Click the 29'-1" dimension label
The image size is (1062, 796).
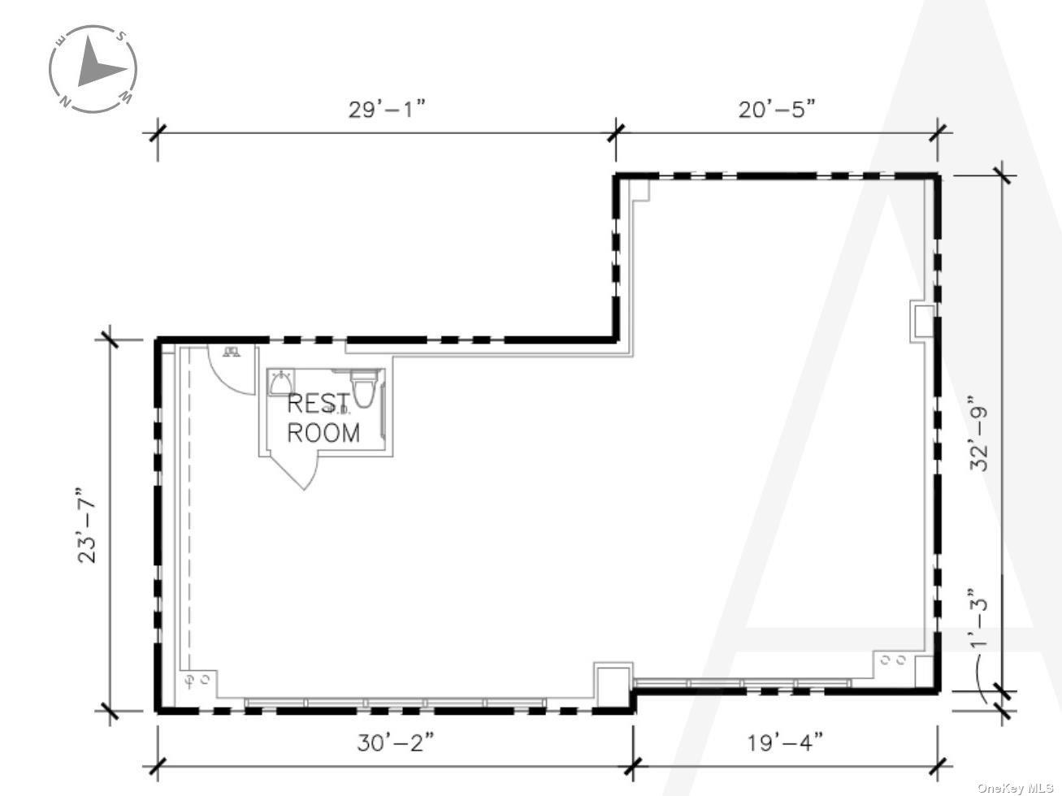[387, 109]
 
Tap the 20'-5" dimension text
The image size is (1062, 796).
[776, 109]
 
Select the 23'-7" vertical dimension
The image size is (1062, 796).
[87, 525]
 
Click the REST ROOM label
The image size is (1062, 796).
[323, 417]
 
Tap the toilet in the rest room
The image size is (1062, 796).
[363, 387]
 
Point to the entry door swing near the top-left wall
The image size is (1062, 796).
[232, 370]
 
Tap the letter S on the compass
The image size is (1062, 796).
[120, 37]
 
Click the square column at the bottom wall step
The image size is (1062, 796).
[613, 686]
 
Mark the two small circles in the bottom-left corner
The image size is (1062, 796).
[197, 678]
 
